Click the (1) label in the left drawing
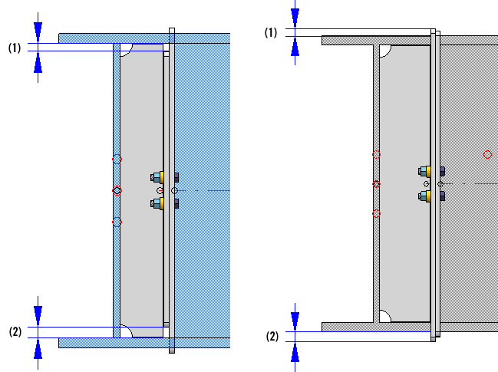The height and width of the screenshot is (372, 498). [15, 48]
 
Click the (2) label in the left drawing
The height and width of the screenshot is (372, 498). [15, 332]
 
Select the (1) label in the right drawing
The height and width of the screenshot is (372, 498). [270, 32]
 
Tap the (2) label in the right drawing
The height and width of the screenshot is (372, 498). [272, 336]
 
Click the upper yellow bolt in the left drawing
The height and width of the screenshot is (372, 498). [158, 176]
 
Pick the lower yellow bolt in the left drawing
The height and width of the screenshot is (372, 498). [158, 203]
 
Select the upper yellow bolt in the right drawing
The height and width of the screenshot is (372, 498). [424, 170]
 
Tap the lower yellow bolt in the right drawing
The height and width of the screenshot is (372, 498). [424, 196]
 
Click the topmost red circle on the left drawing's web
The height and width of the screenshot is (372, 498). [117, 159]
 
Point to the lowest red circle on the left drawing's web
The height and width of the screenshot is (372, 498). [117, 222]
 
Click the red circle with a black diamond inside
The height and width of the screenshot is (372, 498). [117, 189]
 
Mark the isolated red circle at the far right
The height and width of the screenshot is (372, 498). [487, 155]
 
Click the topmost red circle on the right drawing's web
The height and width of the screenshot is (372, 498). [376, 154]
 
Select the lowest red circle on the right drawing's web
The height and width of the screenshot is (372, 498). [376, 213]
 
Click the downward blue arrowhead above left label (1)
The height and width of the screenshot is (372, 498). [38, 31]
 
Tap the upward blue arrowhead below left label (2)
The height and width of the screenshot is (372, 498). [38, 349]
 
